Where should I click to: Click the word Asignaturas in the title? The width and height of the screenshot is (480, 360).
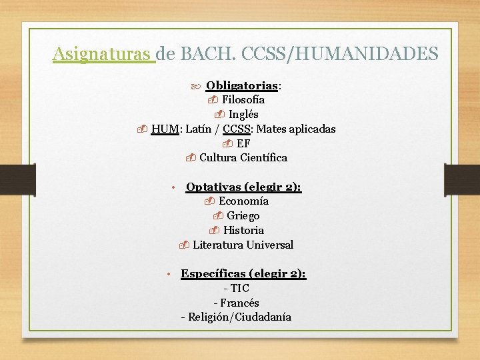103,53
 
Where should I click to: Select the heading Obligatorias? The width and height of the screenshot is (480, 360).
242,85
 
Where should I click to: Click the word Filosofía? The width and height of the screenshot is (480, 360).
243,100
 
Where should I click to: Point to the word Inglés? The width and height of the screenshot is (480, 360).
243,115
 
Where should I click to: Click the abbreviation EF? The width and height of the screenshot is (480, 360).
243,143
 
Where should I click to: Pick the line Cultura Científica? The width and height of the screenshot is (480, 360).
243,158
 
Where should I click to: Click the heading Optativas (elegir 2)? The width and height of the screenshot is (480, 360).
243,187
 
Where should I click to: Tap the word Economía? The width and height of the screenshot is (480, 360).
243,201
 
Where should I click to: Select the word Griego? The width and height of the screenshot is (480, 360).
243,216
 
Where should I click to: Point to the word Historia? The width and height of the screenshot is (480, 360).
243,231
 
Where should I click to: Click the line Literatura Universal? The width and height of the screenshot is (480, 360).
243,245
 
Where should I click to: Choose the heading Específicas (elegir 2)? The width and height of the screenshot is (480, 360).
243,274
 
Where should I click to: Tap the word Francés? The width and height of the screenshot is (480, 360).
239,303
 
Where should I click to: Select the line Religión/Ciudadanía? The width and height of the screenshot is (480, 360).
239,317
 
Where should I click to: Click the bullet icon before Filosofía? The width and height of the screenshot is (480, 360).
213,100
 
